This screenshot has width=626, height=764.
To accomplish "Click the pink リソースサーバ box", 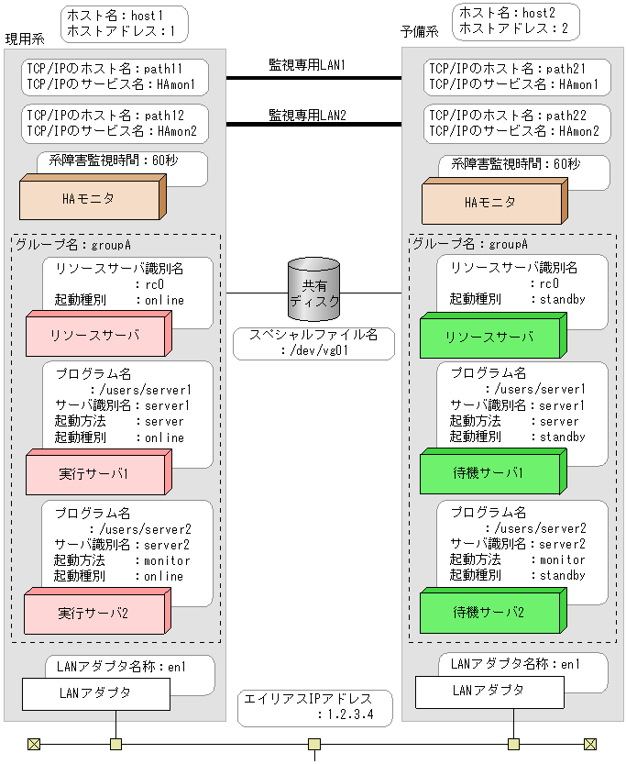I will pos(94,337).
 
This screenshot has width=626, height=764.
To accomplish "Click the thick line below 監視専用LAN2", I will pos(313,124).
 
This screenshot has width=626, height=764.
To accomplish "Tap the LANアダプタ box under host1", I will pos(95,693).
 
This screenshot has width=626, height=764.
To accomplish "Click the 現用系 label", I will pos(25,39).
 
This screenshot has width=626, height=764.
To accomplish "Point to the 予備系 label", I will pos(420,31).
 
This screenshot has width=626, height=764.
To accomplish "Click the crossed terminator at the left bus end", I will pos(34,744).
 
